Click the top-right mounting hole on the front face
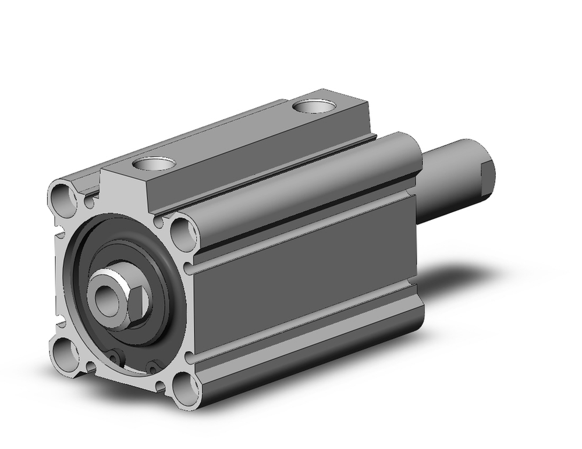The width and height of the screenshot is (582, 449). click(183, 231)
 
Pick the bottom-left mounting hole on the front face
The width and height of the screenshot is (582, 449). click(64, 351)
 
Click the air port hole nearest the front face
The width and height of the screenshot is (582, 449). click(154, 164)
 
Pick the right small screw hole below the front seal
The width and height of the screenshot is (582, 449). click(153, 366)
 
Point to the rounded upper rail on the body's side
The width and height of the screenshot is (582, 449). click(303, 192)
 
